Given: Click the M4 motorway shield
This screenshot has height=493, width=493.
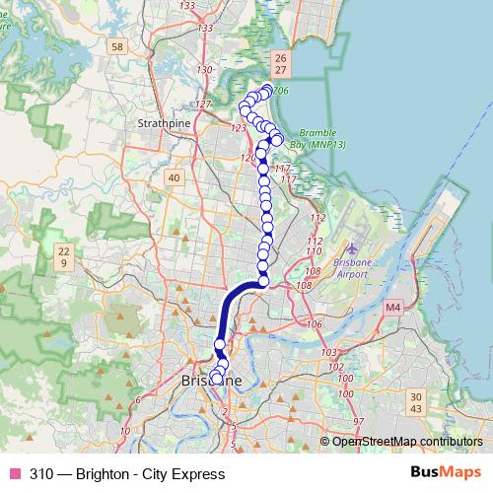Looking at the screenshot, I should (393, 308).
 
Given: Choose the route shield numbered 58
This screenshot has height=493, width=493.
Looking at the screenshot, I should (117, 46).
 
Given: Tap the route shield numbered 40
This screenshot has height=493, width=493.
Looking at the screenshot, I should (175, 177).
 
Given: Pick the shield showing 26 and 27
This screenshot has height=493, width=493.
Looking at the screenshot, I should (281, 64).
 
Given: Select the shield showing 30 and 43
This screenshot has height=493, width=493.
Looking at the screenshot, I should (415, 402).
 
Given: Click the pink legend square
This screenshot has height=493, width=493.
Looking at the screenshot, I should (14, 473).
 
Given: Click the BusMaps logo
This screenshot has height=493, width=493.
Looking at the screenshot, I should (446, 473).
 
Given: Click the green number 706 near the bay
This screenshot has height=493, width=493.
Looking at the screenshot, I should (281, 91).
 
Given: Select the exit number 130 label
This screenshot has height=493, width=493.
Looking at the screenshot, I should (205, 70).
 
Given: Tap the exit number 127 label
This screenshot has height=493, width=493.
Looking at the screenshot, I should (203, 105).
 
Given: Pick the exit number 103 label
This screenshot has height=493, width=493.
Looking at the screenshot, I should (330, 352).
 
